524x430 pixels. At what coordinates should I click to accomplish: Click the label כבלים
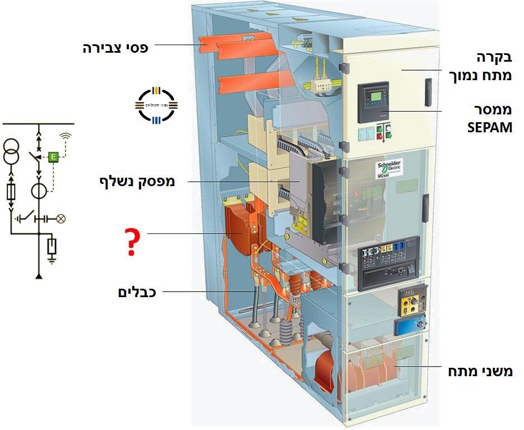(137, 292)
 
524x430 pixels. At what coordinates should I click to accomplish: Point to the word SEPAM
(490, 127)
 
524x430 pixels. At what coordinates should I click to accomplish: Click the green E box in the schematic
(53, 156)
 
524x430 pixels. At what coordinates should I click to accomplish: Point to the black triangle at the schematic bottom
(39, 276)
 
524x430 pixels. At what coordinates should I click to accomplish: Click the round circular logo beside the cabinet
(157, 105)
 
